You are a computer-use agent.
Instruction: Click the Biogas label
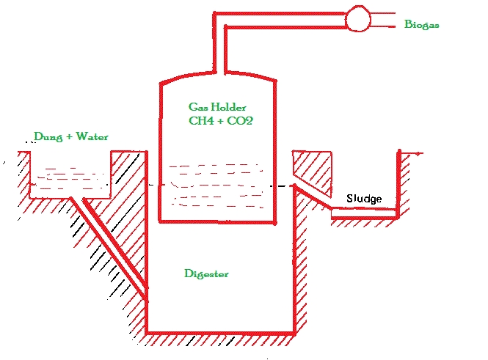422,24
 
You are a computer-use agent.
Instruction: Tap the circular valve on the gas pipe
358,18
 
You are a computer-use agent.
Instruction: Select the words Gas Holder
217,107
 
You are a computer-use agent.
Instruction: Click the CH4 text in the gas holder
201,121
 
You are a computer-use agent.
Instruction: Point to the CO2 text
240,121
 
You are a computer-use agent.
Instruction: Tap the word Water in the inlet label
92,136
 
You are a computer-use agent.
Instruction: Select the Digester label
206,274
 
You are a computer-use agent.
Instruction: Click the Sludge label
364,199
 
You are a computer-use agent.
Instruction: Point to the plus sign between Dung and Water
70,137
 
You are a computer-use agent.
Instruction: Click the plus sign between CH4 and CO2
219,121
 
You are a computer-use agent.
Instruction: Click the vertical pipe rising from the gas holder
219,43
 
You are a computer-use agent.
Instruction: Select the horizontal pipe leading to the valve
280,21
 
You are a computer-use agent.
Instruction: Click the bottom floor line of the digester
220,334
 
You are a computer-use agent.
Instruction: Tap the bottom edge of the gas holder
217,221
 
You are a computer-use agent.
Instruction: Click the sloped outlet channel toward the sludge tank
312,196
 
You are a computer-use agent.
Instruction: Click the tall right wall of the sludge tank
398,184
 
